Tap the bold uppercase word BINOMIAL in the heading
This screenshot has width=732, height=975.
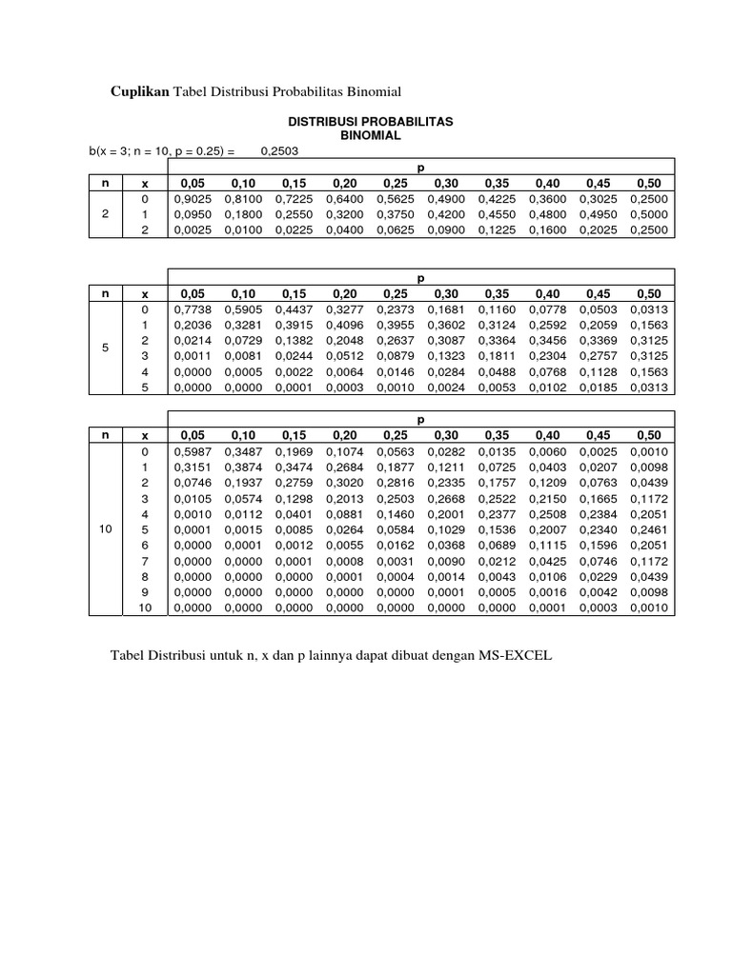click(x=371, y=136)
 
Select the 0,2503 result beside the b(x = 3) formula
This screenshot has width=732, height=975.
click(x=278, y=150)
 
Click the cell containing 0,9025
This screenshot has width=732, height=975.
click(x=193, y=199)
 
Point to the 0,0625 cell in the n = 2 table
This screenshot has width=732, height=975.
click(x=396, y=229)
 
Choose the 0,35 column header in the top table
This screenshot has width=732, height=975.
click(x=497, y=183)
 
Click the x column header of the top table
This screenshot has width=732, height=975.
click(x=144, y=183)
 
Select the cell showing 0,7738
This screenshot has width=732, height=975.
click(x=193, y=309)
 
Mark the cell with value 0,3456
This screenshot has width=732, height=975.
click(x=547, y=340)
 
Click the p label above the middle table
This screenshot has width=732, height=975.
click(x=420, y=278)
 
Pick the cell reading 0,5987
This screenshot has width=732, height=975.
click(x=193, y=450)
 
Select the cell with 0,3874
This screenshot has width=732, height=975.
click(x=244, y=467)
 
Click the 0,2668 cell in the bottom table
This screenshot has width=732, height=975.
click(x=446, y=498)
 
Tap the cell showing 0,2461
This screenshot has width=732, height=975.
click(x=648, y=529)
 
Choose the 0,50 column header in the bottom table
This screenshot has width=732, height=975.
click(x=648, y=434)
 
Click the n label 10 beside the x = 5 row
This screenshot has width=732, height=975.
click(x=105, y=529)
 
